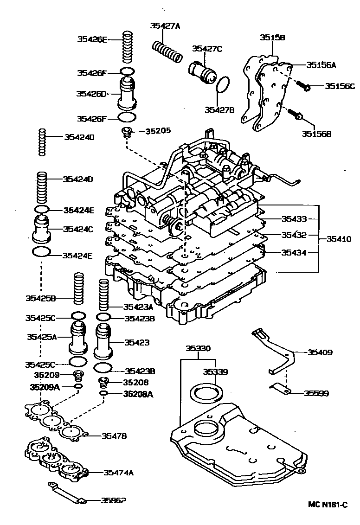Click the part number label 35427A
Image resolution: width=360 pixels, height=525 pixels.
(164, 26)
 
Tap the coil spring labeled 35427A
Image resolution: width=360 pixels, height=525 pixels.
(167, 51)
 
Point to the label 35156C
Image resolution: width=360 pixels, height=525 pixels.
(340, 86)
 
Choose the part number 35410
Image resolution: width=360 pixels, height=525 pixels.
(338, 239)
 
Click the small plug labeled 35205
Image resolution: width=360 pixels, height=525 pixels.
(127, 132)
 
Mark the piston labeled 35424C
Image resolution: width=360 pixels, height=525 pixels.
(42, 229)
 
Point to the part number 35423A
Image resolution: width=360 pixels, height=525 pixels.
(138, 307)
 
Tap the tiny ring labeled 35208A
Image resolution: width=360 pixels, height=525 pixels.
(103, 394)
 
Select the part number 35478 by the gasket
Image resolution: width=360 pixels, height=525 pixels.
(115, 435)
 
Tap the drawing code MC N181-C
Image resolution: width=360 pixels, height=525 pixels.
(328, 504)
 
